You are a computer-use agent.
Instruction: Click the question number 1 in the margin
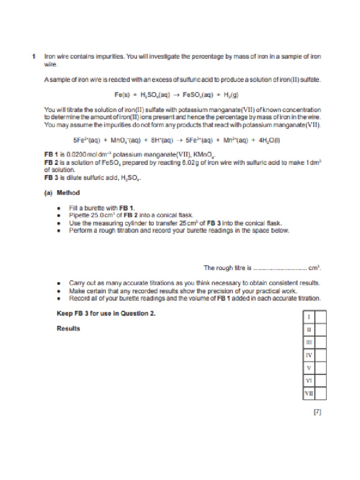(x=34, y=56)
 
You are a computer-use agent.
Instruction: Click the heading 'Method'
(x=68, y=193)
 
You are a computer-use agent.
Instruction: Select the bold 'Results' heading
(x=68, y=328)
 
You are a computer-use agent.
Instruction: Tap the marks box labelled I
(x=320, y=317)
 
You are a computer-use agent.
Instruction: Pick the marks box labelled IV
(x=320, y=355)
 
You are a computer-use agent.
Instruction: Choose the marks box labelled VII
(x=320, y=393)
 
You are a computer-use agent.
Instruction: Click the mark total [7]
(x=317, y=412)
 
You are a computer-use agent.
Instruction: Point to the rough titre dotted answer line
(x=280, y=268)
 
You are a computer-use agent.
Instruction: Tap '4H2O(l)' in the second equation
(x=266, y=140)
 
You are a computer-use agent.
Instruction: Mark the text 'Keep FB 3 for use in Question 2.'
(x=106, y=314)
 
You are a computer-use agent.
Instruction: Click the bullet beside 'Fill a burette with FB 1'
(x=58, y=207)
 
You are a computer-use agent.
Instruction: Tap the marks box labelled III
(x=320, y=343)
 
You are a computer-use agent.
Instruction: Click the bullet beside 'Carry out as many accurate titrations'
(x=58, y=283)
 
